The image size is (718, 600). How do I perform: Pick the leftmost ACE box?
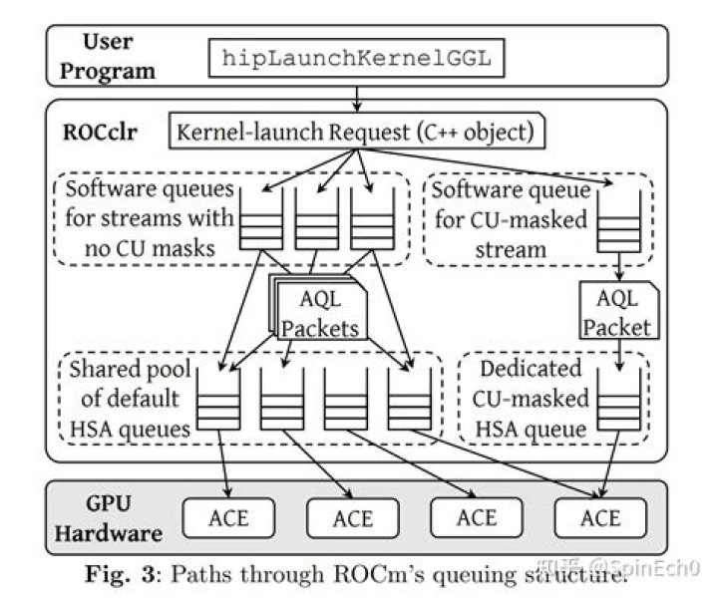pos(228,518)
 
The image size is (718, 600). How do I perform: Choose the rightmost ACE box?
pos(600,518)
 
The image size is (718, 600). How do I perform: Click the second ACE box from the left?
pos(352,518)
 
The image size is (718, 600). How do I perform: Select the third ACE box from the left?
pos(476,518)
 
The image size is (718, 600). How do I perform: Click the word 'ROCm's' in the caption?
pos(424,573)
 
